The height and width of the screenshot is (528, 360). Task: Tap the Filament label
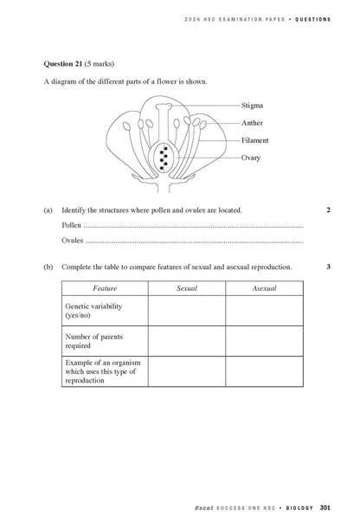[x=254, y=140]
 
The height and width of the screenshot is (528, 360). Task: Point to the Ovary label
[x=250, y=158]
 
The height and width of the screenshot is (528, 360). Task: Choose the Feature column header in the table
[x=104, y=287]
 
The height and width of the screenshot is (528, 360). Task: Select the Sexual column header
[x=186, y=287]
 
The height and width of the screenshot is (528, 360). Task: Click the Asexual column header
[x=264, y=287]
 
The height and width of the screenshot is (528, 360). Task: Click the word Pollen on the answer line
[x=71, y=225]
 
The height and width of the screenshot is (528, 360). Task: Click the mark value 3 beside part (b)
[x=329, y=267]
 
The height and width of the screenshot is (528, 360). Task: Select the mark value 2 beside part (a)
[x=329, y=210]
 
